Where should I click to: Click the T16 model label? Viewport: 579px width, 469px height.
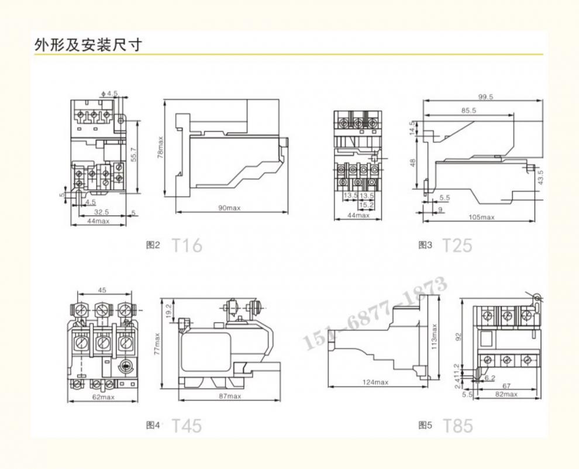coord(187,246)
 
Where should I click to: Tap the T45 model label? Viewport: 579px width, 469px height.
coord(187,426)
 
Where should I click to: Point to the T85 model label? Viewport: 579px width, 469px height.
coord(457,426)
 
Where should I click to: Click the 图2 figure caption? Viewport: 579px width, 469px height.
coord(153,246)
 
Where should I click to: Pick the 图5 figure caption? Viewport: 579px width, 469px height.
coord(425,426)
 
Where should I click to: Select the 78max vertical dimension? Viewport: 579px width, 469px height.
coord(161,149)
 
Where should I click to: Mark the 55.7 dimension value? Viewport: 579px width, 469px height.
coord(133,155)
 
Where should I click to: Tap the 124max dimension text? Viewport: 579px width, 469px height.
coord(374,382)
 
